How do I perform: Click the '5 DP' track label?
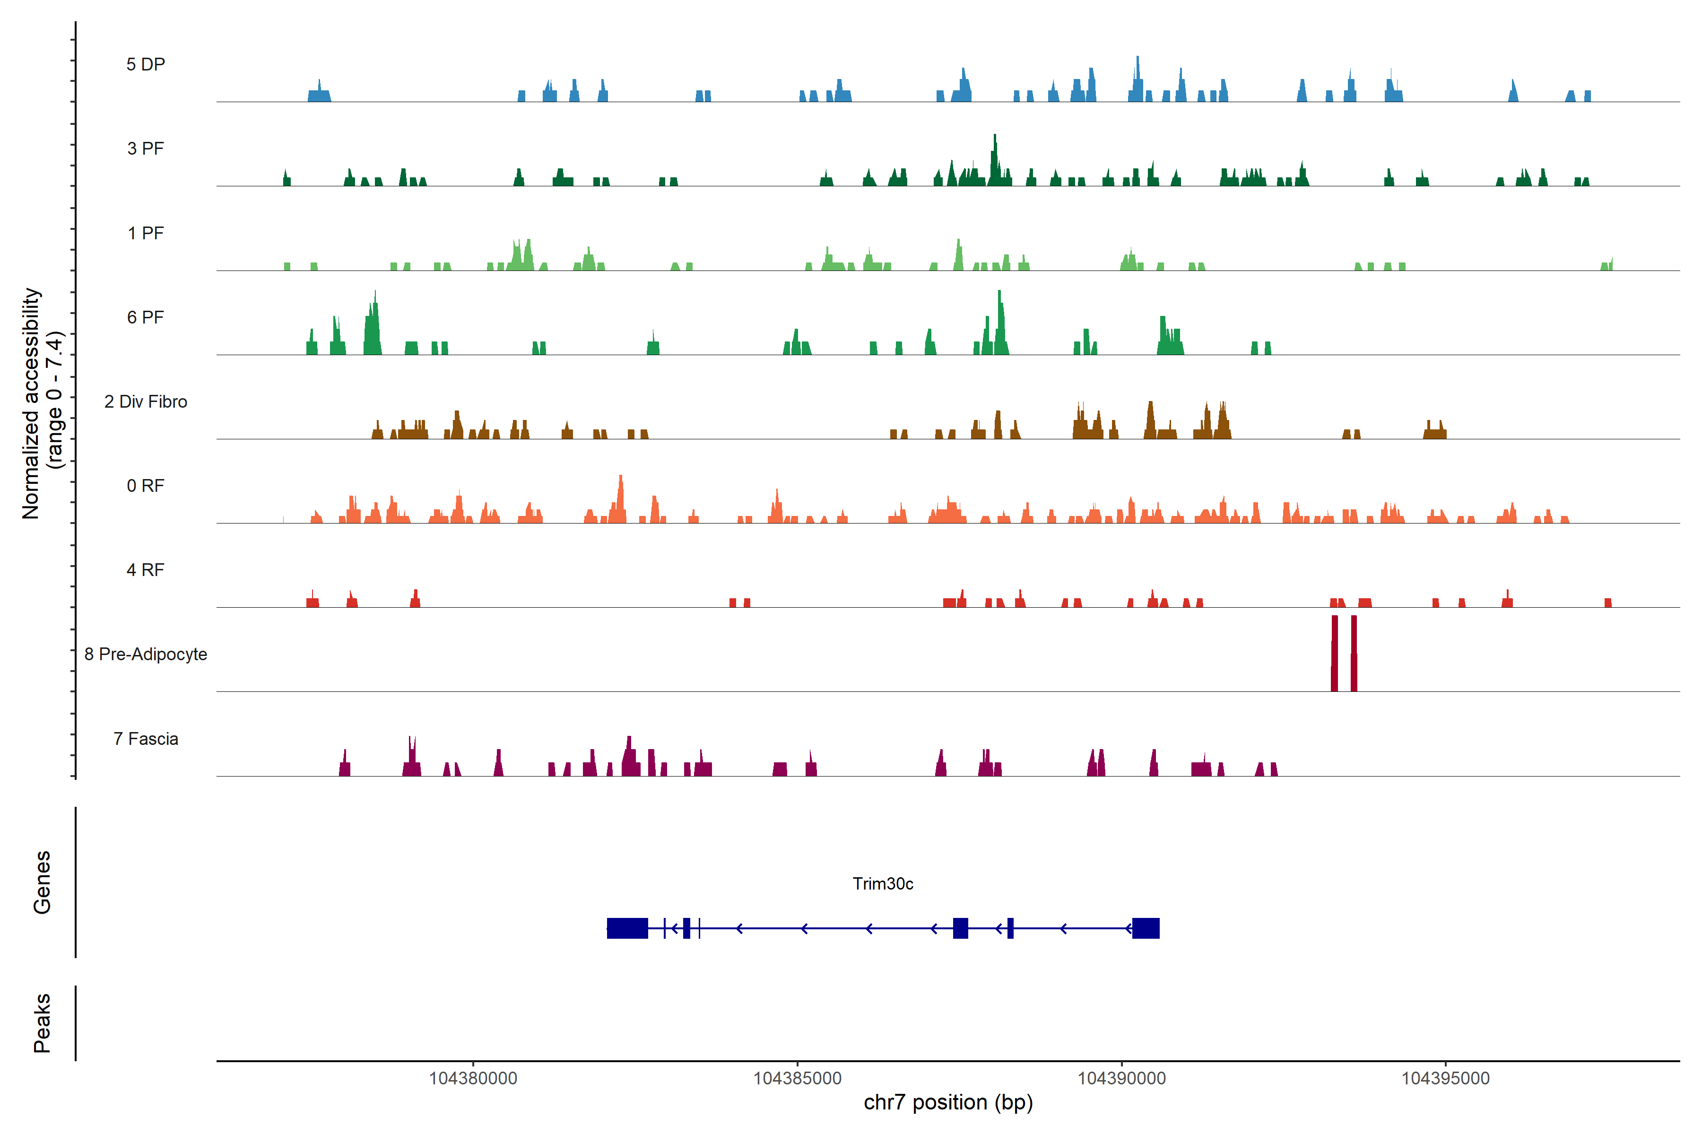(x=146, y=64)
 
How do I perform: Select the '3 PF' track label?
(x=146, y=148)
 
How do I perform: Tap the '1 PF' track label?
(x=146, y=233)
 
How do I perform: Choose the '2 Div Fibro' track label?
(x=146, y=402)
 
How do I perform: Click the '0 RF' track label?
(x=146, y=486)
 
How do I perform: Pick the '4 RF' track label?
(x=146, y=570)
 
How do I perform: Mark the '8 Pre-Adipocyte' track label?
(x=146, y=655)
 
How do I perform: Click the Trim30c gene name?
(x=883, y=884)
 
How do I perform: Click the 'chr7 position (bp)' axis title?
(x=948, y=1102)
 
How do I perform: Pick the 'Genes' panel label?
(x=42, y=882)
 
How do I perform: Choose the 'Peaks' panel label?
(x=42, y=1023)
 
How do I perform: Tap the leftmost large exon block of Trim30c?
(x=627, y=928)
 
